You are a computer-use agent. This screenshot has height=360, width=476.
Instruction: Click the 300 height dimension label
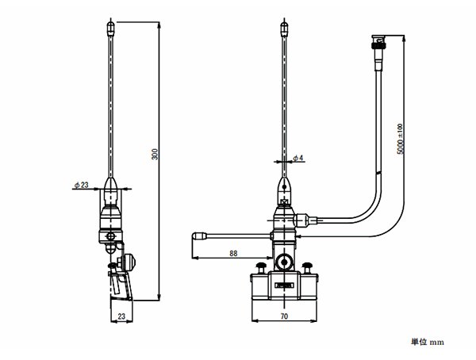coord(155,154)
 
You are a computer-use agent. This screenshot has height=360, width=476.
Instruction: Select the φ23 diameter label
coord(82,185)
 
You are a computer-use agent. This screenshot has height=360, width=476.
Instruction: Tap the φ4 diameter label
coord(298,158)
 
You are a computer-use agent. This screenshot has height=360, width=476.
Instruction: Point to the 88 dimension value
coord(233,253)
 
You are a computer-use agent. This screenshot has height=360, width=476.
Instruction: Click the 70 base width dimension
coord(284,316)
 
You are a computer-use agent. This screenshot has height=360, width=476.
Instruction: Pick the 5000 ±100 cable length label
coord(401,139)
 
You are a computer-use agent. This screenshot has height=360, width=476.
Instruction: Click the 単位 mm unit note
coord(428,342)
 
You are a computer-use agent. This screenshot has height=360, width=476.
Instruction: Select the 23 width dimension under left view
coord(121,316)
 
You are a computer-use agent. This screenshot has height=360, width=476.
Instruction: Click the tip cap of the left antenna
coord(111,28)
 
